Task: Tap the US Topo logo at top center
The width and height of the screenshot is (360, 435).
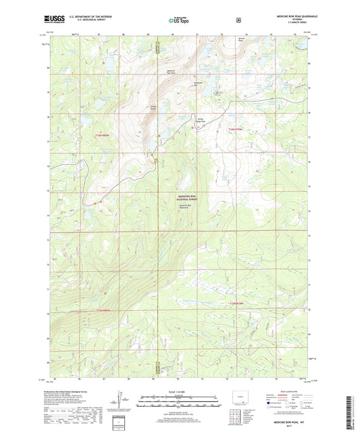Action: click(179, 21)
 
